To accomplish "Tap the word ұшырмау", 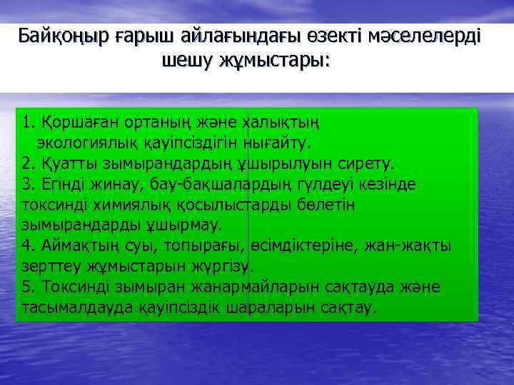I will [x=188, y=225].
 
